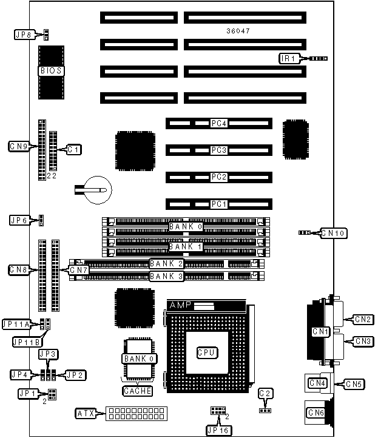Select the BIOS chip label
(51, 71)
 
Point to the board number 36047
(237, 30)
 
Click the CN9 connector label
(19, 146)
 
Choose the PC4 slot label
(218, 123)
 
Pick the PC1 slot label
(218, 204)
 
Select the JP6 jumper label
(19, 220)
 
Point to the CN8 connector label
(19, 269)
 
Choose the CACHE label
(138, 391)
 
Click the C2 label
(265, 393)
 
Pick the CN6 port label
(316, 413)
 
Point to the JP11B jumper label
(27, 342)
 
